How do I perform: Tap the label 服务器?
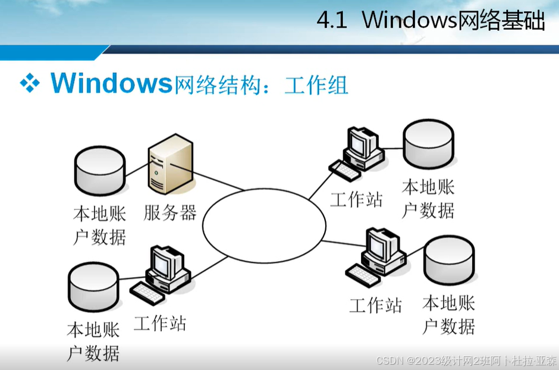[x=170, y=212]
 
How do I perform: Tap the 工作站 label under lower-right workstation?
[x=375, y=305]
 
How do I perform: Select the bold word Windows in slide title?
[x=111, y=83]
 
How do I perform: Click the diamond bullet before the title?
[x=30, y=83]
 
